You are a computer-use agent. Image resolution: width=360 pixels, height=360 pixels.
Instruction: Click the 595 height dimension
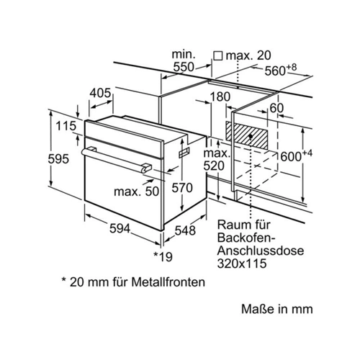coord(58,159)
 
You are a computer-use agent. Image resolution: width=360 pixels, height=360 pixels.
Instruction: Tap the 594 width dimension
coord(120,228)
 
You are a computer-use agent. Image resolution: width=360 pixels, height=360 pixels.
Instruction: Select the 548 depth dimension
coord(185,230)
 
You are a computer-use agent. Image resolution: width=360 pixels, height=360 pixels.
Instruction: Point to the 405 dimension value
coord(100,93)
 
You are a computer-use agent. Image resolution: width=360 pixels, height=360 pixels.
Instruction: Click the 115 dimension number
coord(66,126)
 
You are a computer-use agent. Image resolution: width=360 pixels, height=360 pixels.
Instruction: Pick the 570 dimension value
coord(182,188)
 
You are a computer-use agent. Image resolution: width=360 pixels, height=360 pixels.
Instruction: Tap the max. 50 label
coord(136,192)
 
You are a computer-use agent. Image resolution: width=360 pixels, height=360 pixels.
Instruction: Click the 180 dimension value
coord(220,96)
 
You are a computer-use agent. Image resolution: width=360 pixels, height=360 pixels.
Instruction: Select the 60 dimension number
coord(276,108)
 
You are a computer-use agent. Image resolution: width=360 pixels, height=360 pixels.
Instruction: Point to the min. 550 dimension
coord(184,60)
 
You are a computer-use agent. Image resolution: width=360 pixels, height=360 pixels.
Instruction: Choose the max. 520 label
coord(217,160)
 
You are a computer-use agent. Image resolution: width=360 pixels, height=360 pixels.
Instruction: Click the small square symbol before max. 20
coord(218,56)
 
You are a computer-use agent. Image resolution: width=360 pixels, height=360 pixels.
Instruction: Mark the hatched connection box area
coord(246,135)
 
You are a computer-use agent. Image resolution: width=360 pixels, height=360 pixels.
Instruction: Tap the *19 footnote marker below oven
coord(163,256)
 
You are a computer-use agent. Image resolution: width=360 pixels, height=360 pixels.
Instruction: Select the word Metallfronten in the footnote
coord(168,282)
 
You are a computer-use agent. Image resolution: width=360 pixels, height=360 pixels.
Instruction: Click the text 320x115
coord(242,263)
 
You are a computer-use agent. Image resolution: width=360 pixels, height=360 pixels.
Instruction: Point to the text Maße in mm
coord(277,309)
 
